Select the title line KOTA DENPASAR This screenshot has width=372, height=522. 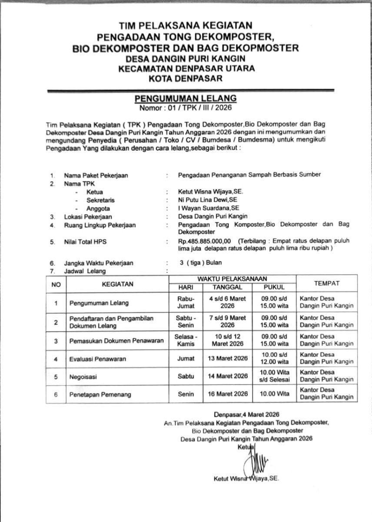point(186,78)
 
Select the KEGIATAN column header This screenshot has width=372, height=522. point(117,284)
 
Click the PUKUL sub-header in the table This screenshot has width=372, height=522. point(274,287)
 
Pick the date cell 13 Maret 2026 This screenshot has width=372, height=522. point(225,358)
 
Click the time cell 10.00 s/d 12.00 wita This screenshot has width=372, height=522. point(274,358)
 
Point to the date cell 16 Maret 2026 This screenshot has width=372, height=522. point(225,394)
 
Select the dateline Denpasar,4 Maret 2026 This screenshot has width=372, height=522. point(246,414)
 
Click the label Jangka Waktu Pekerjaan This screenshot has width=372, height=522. point(99,263)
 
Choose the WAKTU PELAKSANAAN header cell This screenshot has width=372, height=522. point(232,278)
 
